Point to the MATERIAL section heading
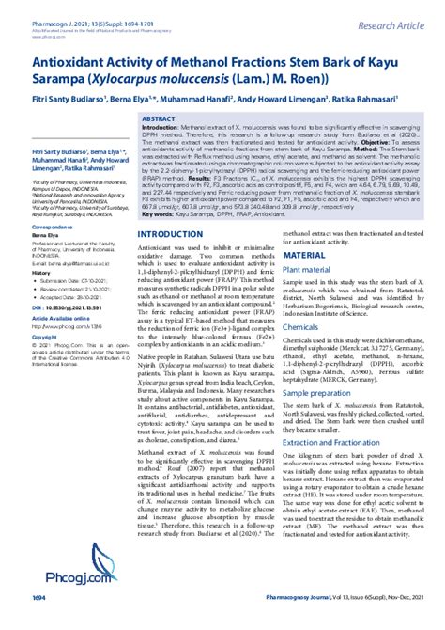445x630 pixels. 305,228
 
